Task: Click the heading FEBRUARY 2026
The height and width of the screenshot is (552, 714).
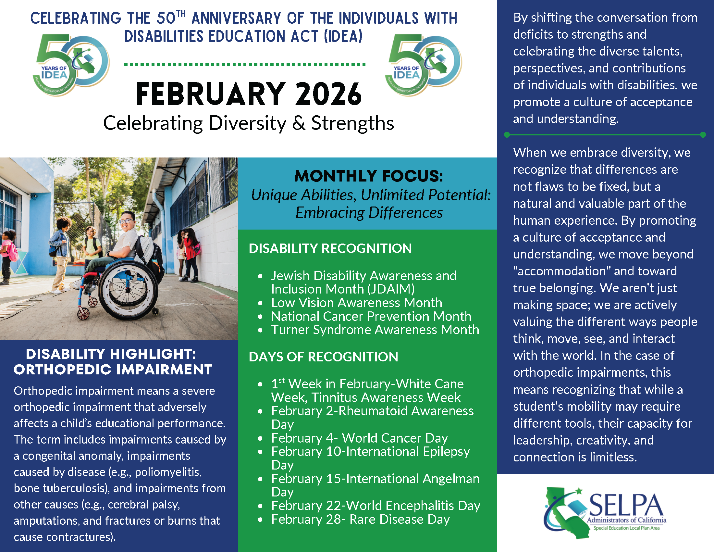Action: (249, 94)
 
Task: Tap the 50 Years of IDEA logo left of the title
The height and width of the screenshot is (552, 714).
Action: (71, 64)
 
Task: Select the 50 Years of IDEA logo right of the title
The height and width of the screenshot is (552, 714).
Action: (424, 64)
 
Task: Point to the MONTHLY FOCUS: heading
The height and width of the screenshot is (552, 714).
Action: (368, 176)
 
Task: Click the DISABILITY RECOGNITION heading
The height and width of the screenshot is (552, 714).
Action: (330, 248)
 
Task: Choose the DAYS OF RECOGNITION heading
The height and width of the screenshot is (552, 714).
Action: (323, 357)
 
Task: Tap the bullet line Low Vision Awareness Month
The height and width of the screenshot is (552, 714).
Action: (356, 303)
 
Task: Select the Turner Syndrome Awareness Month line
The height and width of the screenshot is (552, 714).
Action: (375, 330)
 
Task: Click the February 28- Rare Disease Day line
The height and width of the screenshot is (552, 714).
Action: (360, 519)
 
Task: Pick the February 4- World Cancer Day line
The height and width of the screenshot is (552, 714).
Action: (359, 438)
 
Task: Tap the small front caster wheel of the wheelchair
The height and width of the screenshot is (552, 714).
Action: (84, 313)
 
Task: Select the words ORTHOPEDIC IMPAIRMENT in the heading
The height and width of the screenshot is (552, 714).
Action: (113, 370)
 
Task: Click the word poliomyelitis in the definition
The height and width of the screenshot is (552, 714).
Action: (168, 472)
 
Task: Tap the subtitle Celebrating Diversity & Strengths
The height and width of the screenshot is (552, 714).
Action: (249, 123)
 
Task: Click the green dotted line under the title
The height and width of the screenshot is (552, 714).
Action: (244, 64)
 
